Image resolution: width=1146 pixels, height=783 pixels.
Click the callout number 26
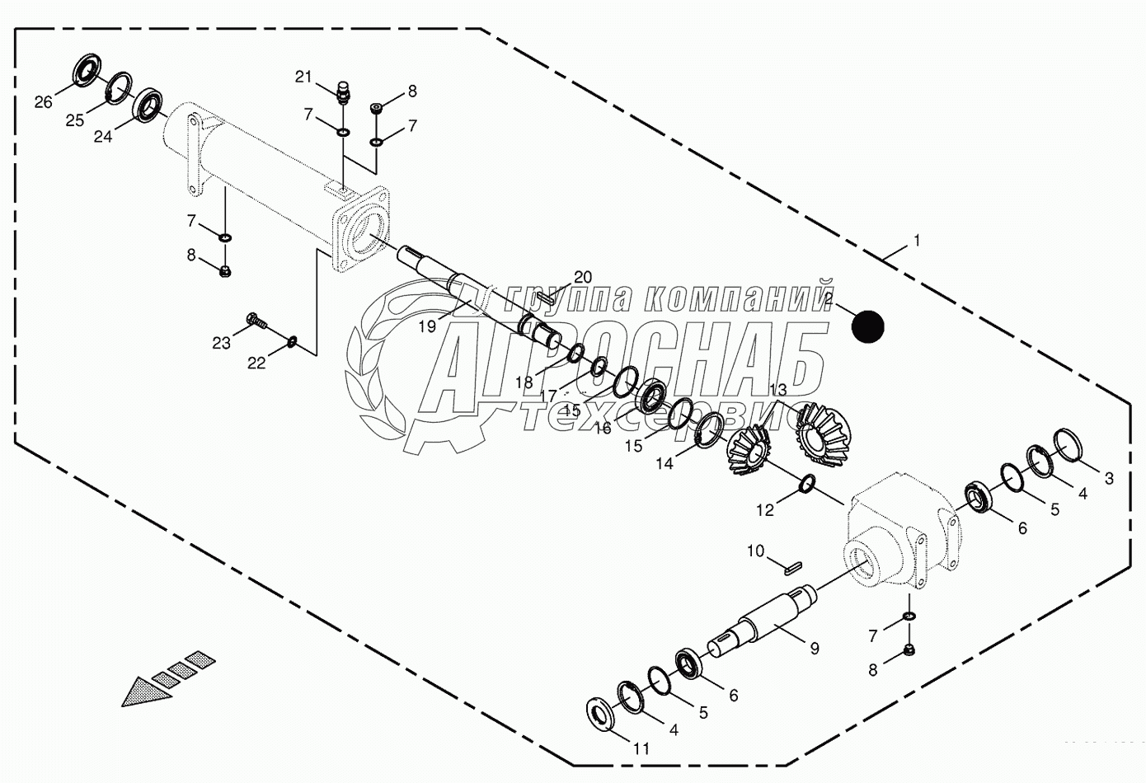pos(43,102)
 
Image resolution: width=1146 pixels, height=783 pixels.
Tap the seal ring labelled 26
pos(87,69)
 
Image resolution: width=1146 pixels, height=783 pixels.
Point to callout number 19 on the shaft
pos(426,326)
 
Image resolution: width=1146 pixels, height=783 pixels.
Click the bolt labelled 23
pos(256,321)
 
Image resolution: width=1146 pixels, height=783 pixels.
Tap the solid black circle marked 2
pos(867,326)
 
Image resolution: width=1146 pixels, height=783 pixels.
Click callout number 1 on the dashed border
pos(916,241)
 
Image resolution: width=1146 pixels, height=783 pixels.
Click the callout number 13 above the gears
pos(778,388)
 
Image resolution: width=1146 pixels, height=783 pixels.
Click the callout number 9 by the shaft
pos(814,648)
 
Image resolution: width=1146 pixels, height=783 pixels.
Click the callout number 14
pos(665,464)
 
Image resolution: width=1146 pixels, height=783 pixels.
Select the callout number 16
pos(603,428)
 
